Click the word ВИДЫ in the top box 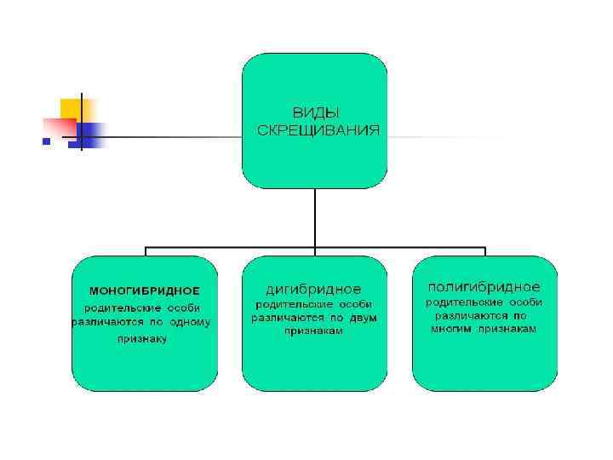[x=314, y=112]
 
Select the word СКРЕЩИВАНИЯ [x=318, y=129]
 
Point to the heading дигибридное [x=314, y=289]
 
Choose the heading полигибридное [x=484, y=285]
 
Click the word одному [x=189, y=322]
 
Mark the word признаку [x=142, y=338]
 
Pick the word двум [x=362, y=317]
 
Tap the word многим [x=450, y=328]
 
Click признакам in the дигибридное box [x=314, y=331]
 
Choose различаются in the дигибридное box [x=284, y=317]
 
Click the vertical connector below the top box [x=315, y=217]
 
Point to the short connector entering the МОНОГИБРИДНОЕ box [x=146, y=252]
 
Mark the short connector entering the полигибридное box [x=485, y=252]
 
